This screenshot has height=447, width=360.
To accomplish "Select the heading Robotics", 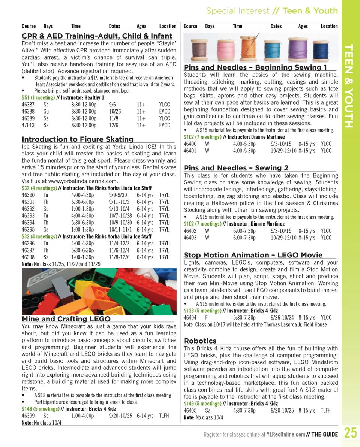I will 200,341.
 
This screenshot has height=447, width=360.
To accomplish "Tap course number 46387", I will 28,105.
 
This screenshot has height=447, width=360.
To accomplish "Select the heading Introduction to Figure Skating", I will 78,139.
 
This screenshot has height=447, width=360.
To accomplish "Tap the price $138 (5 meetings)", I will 202,311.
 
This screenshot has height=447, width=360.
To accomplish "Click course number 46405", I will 190,410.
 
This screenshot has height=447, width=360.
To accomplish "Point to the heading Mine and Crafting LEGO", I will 66,319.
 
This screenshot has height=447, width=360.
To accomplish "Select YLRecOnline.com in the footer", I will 286,435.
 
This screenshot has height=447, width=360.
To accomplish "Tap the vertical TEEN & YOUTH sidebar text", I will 349,86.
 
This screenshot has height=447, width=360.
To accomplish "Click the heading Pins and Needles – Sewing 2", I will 236,168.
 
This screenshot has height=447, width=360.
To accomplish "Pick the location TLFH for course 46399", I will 164,416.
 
